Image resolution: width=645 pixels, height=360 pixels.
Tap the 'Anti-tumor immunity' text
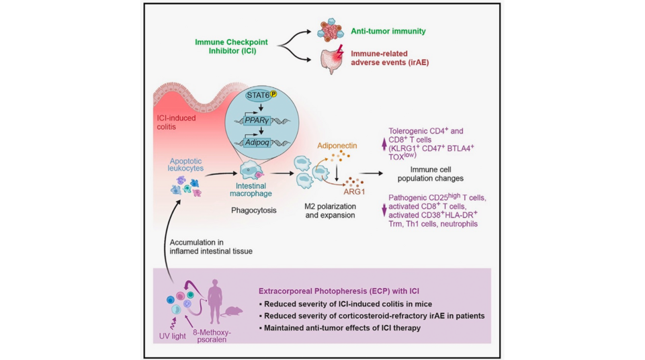click(x=388, y=31)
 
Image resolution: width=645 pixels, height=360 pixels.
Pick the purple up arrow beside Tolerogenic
click(x=384, y=142)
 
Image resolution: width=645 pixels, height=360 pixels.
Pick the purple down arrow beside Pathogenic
click(x=384, y=210)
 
